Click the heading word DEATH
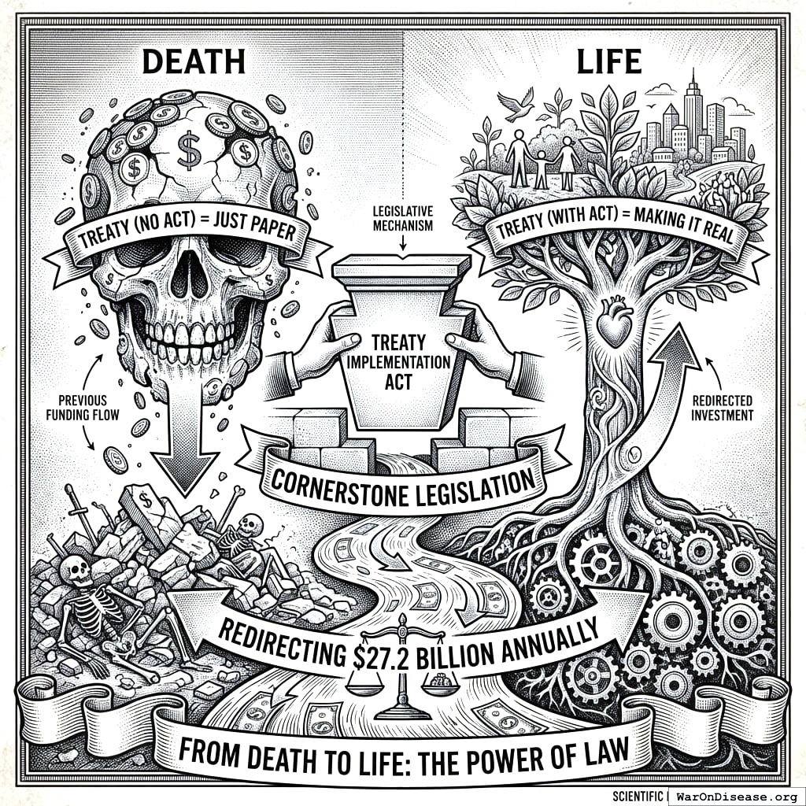(x=194, y=61)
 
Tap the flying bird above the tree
(x=519, y=109)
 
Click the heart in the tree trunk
(x=612, y=324)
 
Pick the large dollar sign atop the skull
(x=190, y=150)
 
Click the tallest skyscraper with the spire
(x=693, y=110)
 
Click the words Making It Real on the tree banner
(x=686, y=229)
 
